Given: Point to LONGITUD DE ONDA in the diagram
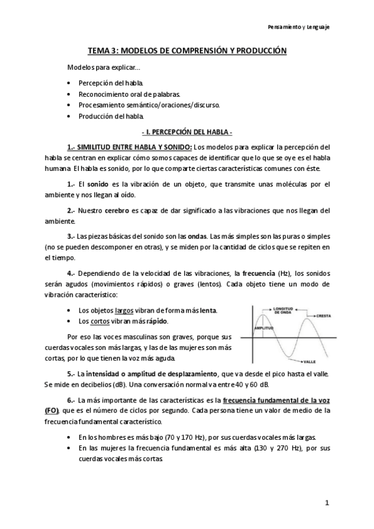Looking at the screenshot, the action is pyautogui.click(x=289, y=309).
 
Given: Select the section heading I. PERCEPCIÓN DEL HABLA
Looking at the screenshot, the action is pyautogui.click(x=187, y=133).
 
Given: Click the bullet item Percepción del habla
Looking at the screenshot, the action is pyautogui.click(x=111, y=82).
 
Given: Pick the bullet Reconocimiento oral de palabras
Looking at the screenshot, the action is pyautogui.click(x=129, y=94).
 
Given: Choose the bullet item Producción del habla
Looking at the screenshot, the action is pyautogui.click(x=111, y=115).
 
